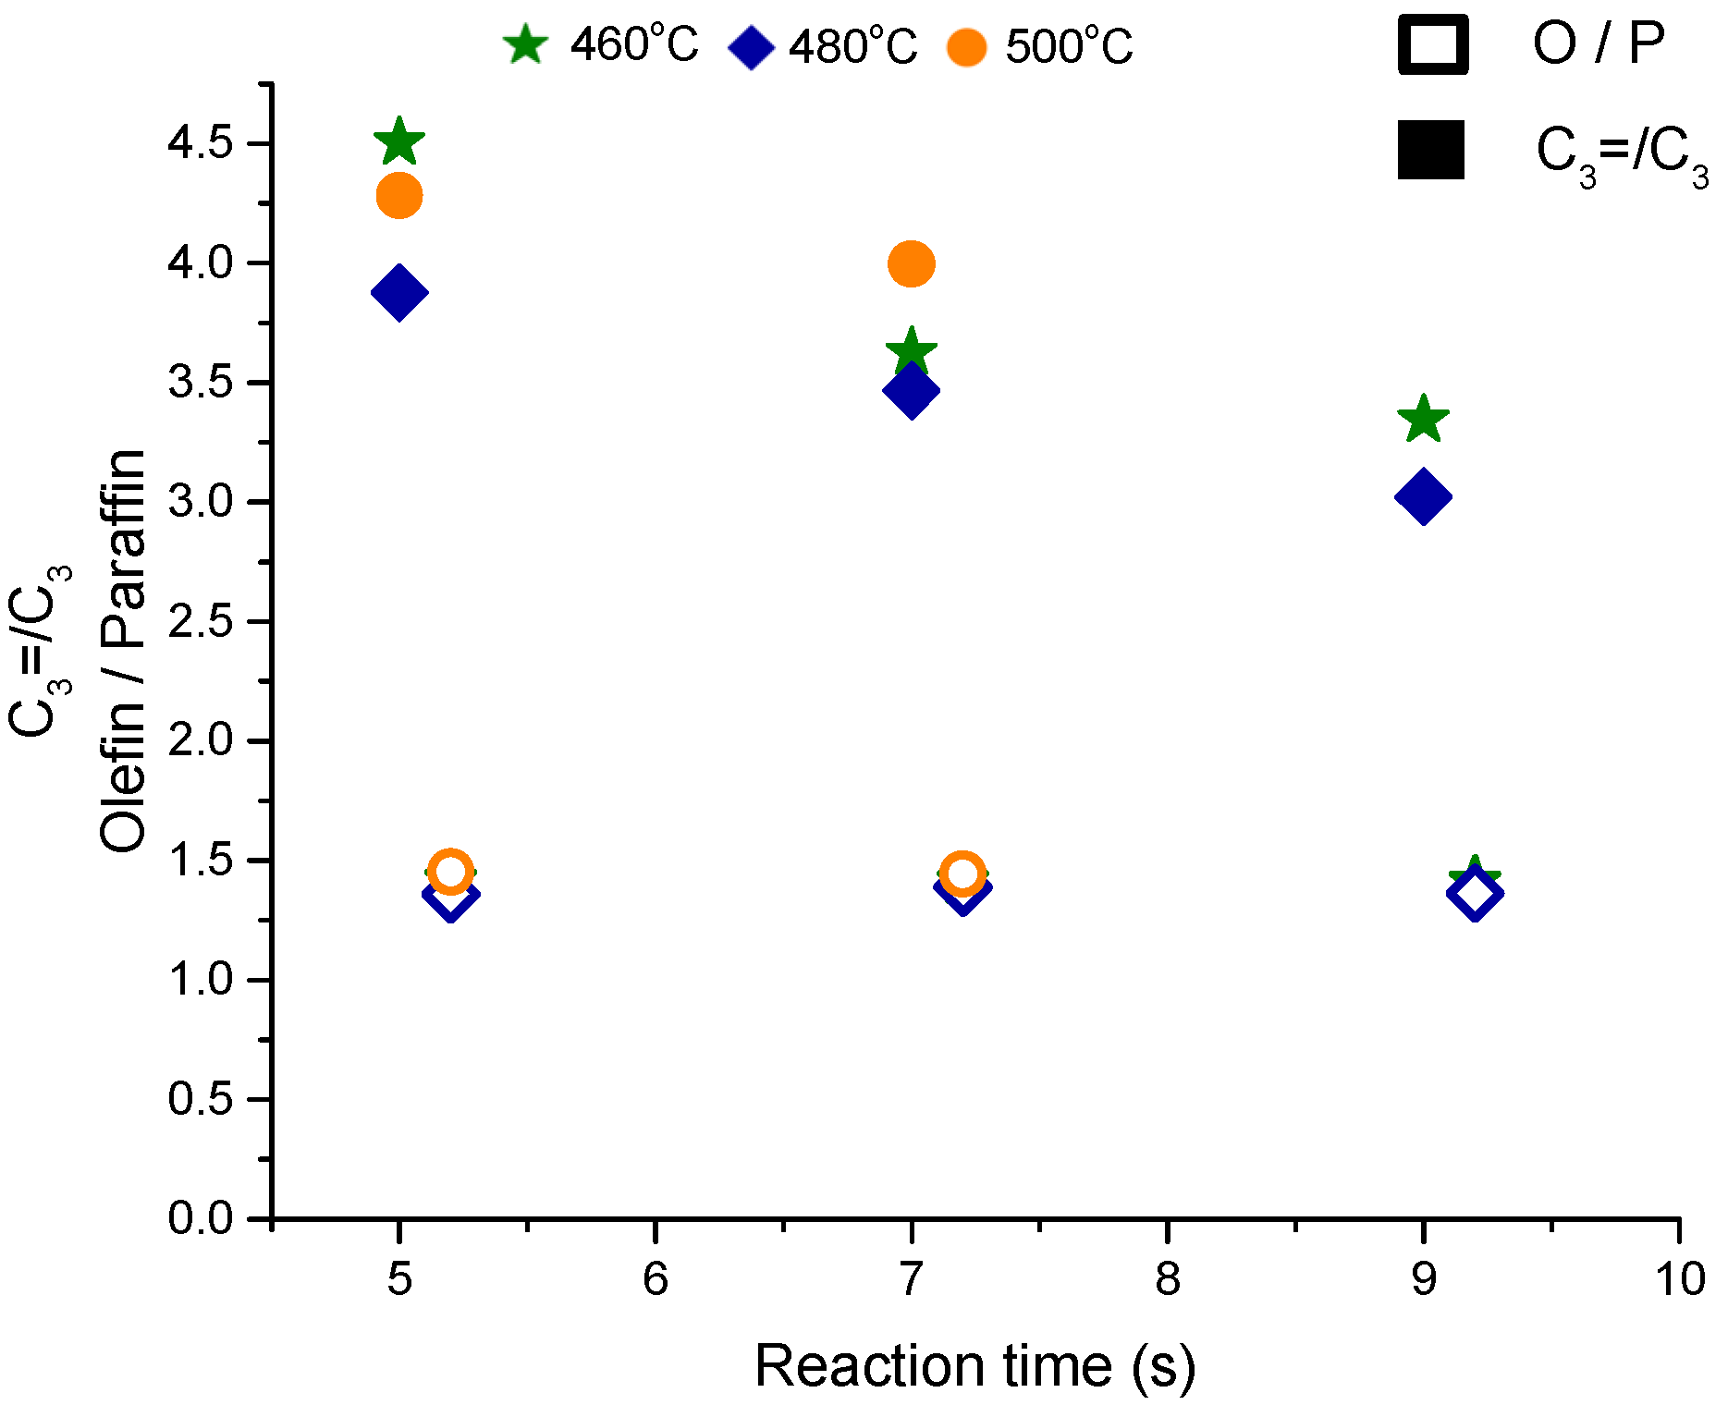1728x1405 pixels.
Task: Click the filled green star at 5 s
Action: tap(398, 141)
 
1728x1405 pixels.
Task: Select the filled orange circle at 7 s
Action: tap(911, 264)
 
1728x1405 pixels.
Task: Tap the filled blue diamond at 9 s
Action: tap(1423, 496)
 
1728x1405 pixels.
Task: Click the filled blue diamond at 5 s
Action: tap(398, 293)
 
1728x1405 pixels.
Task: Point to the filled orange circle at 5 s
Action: tap(399, 196)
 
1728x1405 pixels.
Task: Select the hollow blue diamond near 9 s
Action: tap(1474, 894)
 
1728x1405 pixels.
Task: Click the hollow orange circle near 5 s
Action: tap(450, 872)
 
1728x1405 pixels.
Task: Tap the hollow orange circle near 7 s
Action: tap(962, 874)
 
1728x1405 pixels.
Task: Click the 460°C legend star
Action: tap(525, 45)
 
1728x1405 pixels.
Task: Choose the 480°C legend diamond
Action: tap(751, 47)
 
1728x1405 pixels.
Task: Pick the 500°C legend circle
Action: tap(967, 47)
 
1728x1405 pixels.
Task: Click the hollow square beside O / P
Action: tap(1433, 44)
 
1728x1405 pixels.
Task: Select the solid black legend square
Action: tap(1431, 150)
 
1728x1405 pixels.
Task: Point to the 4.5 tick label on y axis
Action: tap(200, 144)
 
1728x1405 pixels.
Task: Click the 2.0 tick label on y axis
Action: tap(200, 741)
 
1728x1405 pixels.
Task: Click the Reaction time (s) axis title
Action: tap(974, 1366)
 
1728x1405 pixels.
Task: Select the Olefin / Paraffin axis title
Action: tap(123, 651)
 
